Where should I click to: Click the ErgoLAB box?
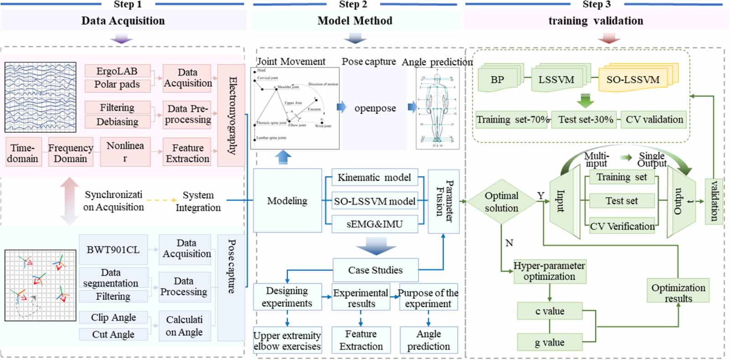click(117, 71)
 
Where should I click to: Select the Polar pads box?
click(117, 85)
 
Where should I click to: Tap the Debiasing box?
click(117, 122)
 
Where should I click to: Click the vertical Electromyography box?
click(231, 115)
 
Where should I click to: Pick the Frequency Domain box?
click(70, 153)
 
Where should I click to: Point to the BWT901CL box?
click(113, 250)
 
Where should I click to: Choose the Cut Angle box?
click(113, 334)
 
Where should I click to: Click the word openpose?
click(375, 109)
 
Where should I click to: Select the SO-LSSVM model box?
click(375, 201)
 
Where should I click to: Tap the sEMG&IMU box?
click(375, 224)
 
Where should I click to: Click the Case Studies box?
click(375, 270)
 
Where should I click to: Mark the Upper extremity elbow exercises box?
click(287, 340)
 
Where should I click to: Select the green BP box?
click(497, 80)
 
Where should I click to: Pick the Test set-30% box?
click(585, 120)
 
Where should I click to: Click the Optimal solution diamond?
click(501, 202)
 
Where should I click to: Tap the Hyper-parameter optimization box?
click(549, 271)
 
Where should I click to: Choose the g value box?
click(549, 342)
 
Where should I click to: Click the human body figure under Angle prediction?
click(437, 109)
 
